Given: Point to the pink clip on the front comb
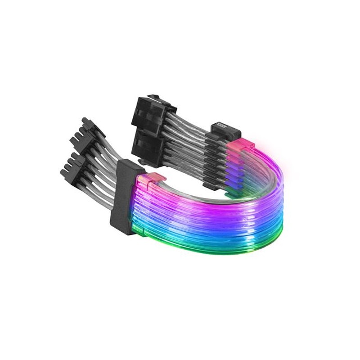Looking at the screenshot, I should pyautogui.click(x=150, y=179).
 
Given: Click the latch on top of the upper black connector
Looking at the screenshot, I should pyautogui.click(x=153, y=97).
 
